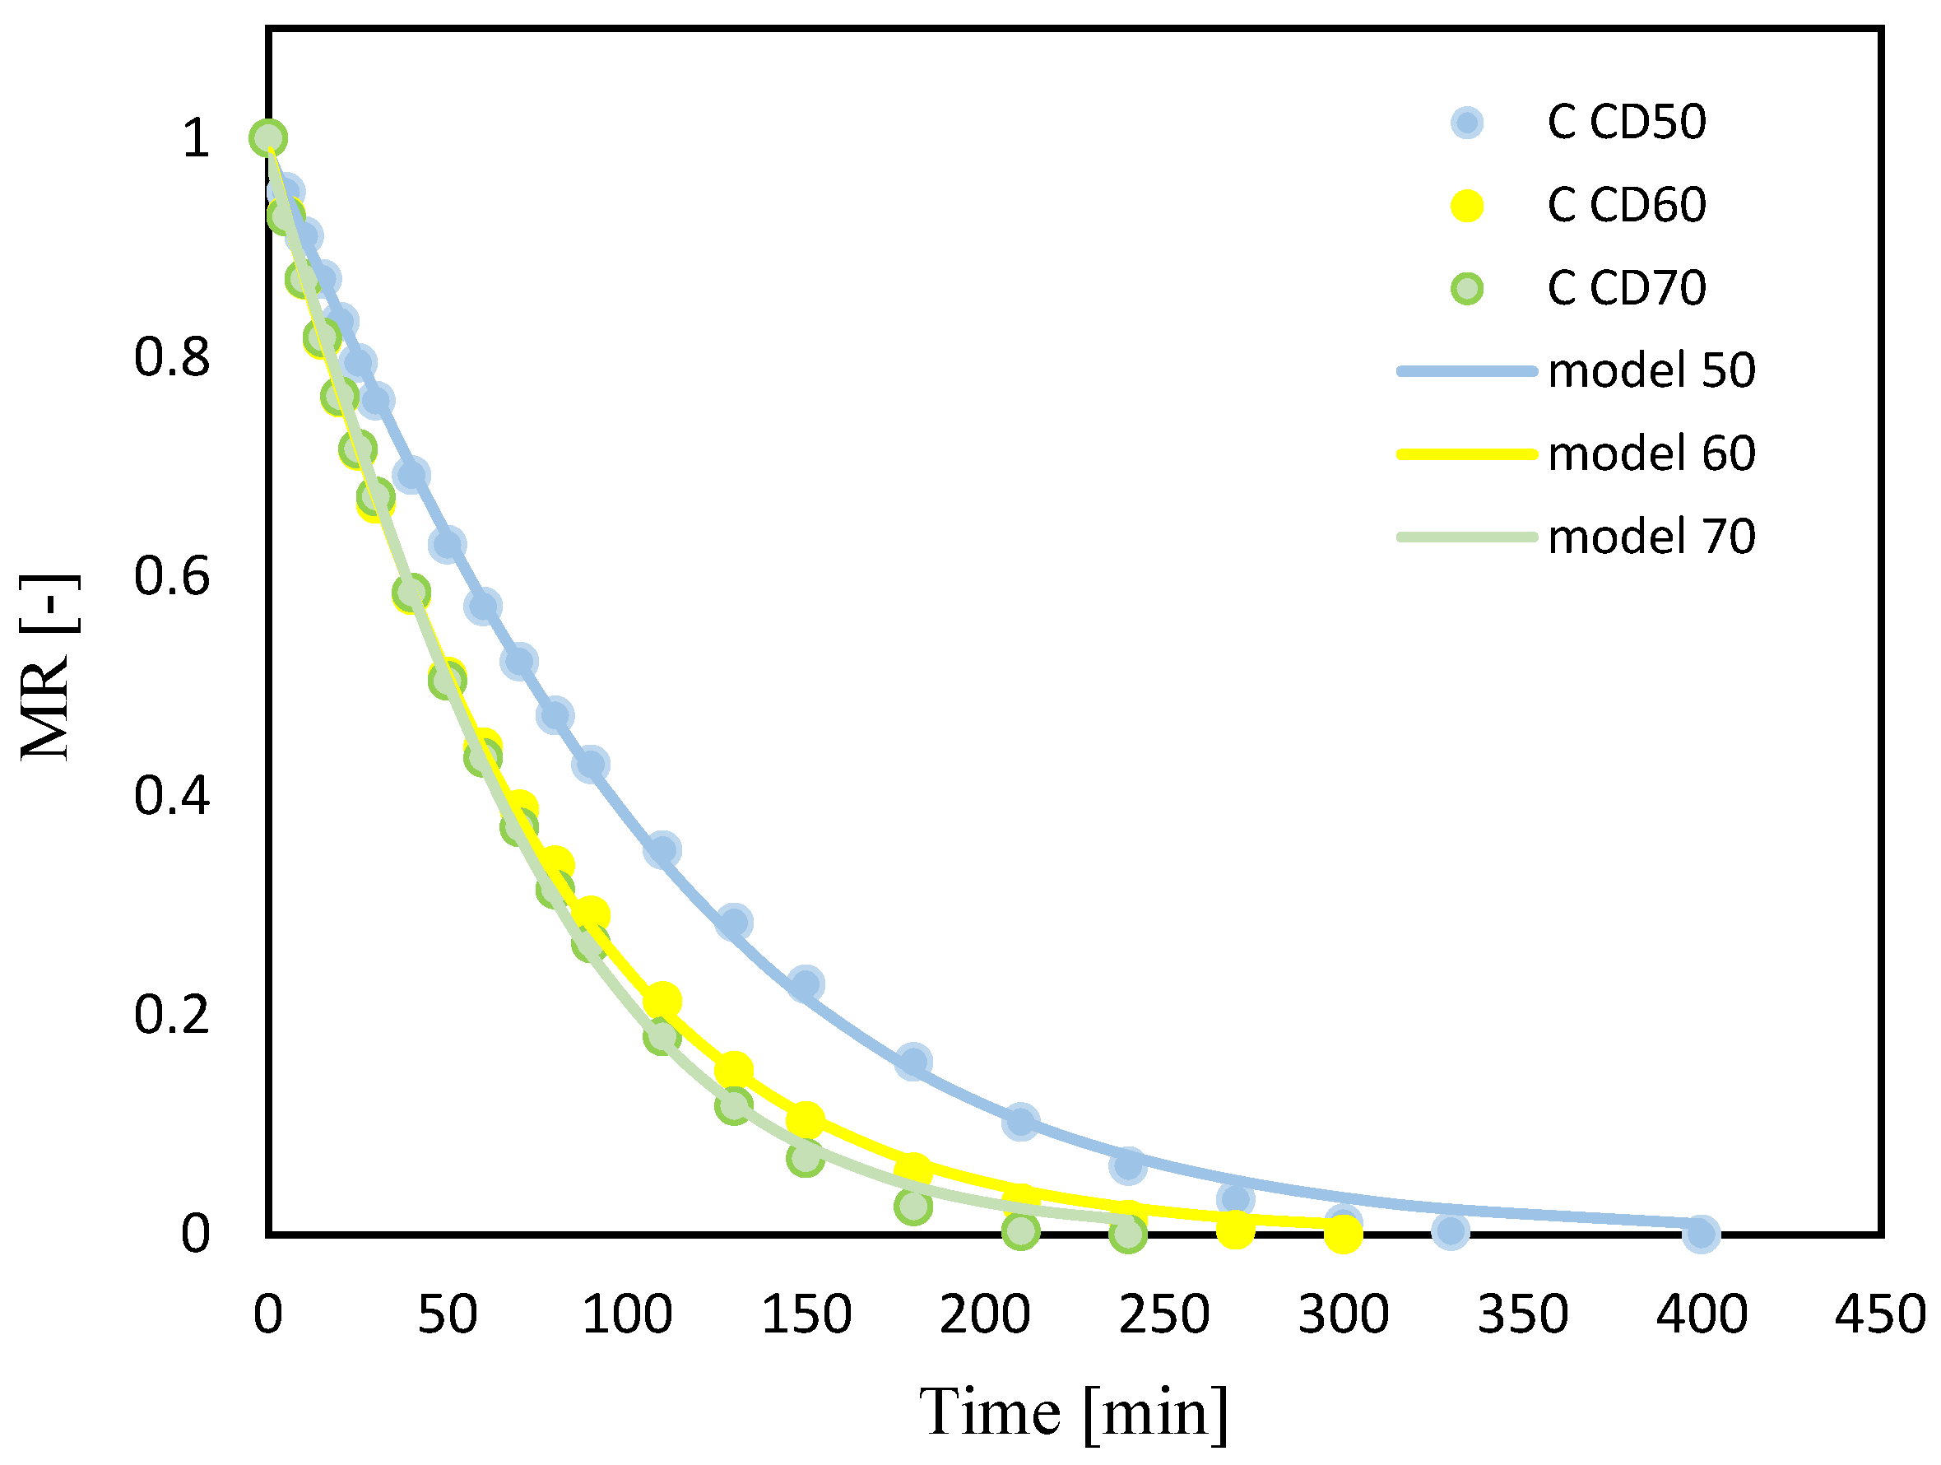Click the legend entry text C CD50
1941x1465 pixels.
coord(1626,122)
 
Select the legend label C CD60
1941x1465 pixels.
coord(1626,206)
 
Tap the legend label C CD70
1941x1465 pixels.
coord(1626,288)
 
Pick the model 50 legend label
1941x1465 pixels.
coord(1651,370)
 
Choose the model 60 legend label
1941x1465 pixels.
coord(1651,453)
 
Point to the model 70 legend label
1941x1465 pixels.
coord(1651,537)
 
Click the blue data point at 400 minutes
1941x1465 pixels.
coord(1701,1233)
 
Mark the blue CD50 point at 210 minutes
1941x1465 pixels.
coord(1019,1122)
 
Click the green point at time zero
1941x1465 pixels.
coord(267,137)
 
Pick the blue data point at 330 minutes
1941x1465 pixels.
coord(1451,1231)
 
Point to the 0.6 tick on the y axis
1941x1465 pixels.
coord(172,577)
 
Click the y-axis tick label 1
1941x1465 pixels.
coord(196,139)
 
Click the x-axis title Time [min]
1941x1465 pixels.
coord(1073,1412)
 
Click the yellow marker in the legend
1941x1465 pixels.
coord(1466,207)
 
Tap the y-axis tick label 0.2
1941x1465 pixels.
coord(172,1015)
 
